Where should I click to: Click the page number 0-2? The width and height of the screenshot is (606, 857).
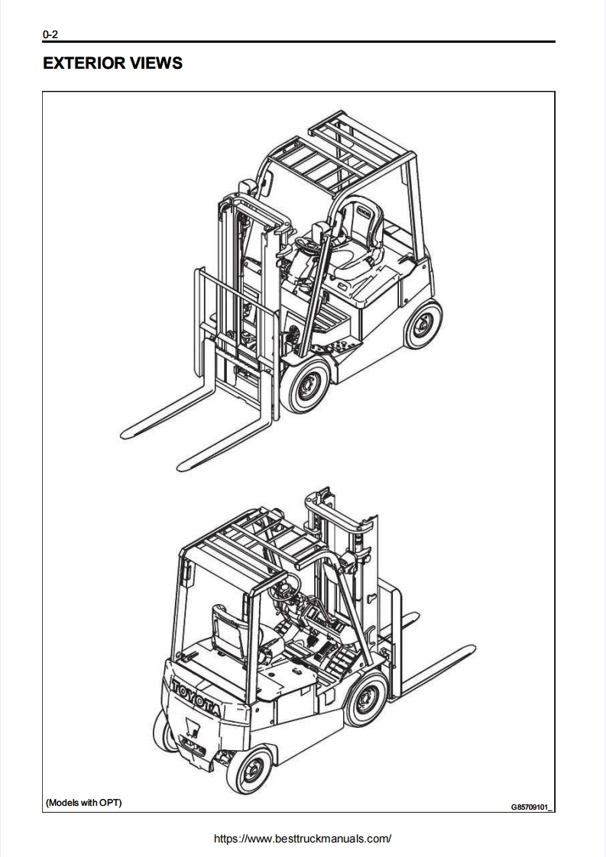(50, 34)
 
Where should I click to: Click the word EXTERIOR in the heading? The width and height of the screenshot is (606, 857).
(84, 63)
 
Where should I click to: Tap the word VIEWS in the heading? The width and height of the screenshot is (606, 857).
(157, 63)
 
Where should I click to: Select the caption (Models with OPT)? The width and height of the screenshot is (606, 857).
(84, 802)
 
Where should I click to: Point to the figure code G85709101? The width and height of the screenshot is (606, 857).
(531, 807)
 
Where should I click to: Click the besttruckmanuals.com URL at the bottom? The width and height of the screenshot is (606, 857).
(303, 839)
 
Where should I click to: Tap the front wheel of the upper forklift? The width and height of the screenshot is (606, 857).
(306, 384)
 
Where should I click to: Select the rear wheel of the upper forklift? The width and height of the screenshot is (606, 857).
(423, 325)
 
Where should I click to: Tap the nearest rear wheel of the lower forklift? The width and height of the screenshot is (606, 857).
(249, 769)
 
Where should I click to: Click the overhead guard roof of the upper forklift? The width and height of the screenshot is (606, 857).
(338, 155)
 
